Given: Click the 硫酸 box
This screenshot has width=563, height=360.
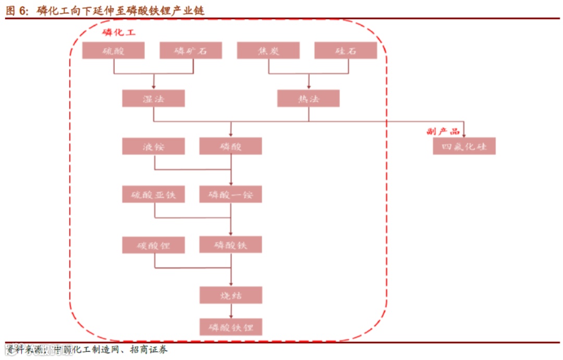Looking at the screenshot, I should pyautogui.click(x=113, y=51).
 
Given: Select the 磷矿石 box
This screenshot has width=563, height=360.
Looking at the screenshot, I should pyautogui.click(x=190, y=51).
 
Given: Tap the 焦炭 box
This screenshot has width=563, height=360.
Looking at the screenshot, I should pyautogui.click(x=268, y=51).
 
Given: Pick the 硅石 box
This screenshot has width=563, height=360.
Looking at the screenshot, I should pyautogui.click(x=346, y=51).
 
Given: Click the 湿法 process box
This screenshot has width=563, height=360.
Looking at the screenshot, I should pyautogui.click(x=153, y=98).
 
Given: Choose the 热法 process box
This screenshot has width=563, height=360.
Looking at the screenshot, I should pyautogui.click(x=308, y=98).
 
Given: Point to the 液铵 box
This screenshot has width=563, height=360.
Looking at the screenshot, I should pyautogui.click(x=153, y=146).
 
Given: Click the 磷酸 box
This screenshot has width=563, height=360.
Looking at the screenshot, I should pyautogui.click(x=230, y=146).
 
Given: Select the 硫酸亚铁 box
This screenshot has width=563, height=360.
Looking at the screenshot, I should pyautogui.click(x=153, y=194).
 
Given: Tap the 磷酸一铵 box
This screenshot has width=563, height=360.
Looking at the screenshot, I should pyautogui.click(x=230, y=194).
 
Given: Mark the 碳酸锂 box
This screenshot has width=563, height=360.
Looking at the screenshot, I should pyautogui.click(x=153, y=244).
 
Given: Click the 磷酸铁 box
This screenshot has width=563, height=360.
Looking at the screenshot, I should pyautogui.click(x=230, y=244).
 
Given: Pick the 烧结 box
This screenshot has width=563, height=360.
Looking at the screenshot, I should pyautogui.click(x=230, y=295).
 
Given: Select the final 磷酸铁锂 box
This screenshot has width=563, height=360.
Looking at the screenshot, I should pyautogui.click(x=230, y=327).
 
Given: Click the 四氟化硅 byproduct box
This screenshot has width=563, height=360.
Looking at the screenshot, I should pyautogui.click(x=464, y=146).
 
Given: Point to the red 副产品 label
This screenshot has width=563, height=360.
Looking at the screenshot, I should pyautogui.click(x=443, y=131).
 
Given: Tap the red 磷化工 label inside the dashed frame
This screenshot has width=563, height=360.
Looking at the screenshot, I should pyautogui.click(x=119, y=33).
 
